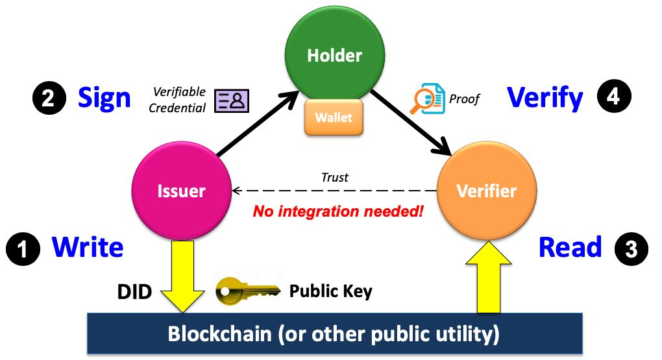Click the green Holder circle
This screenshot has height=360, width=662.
[335, 55]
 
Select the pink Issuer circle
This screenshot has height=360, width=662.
[181, 191]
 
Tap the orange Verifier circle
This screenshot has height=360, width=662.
[487, 191]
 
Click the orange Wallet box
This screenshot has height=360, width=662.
[334, 118]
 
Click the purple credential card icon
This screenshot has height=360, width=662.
[232, 99]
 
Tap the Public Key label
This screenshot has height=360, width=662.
[330, 291]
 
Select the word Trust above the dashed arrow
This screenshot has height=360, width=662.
[335, 177]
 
